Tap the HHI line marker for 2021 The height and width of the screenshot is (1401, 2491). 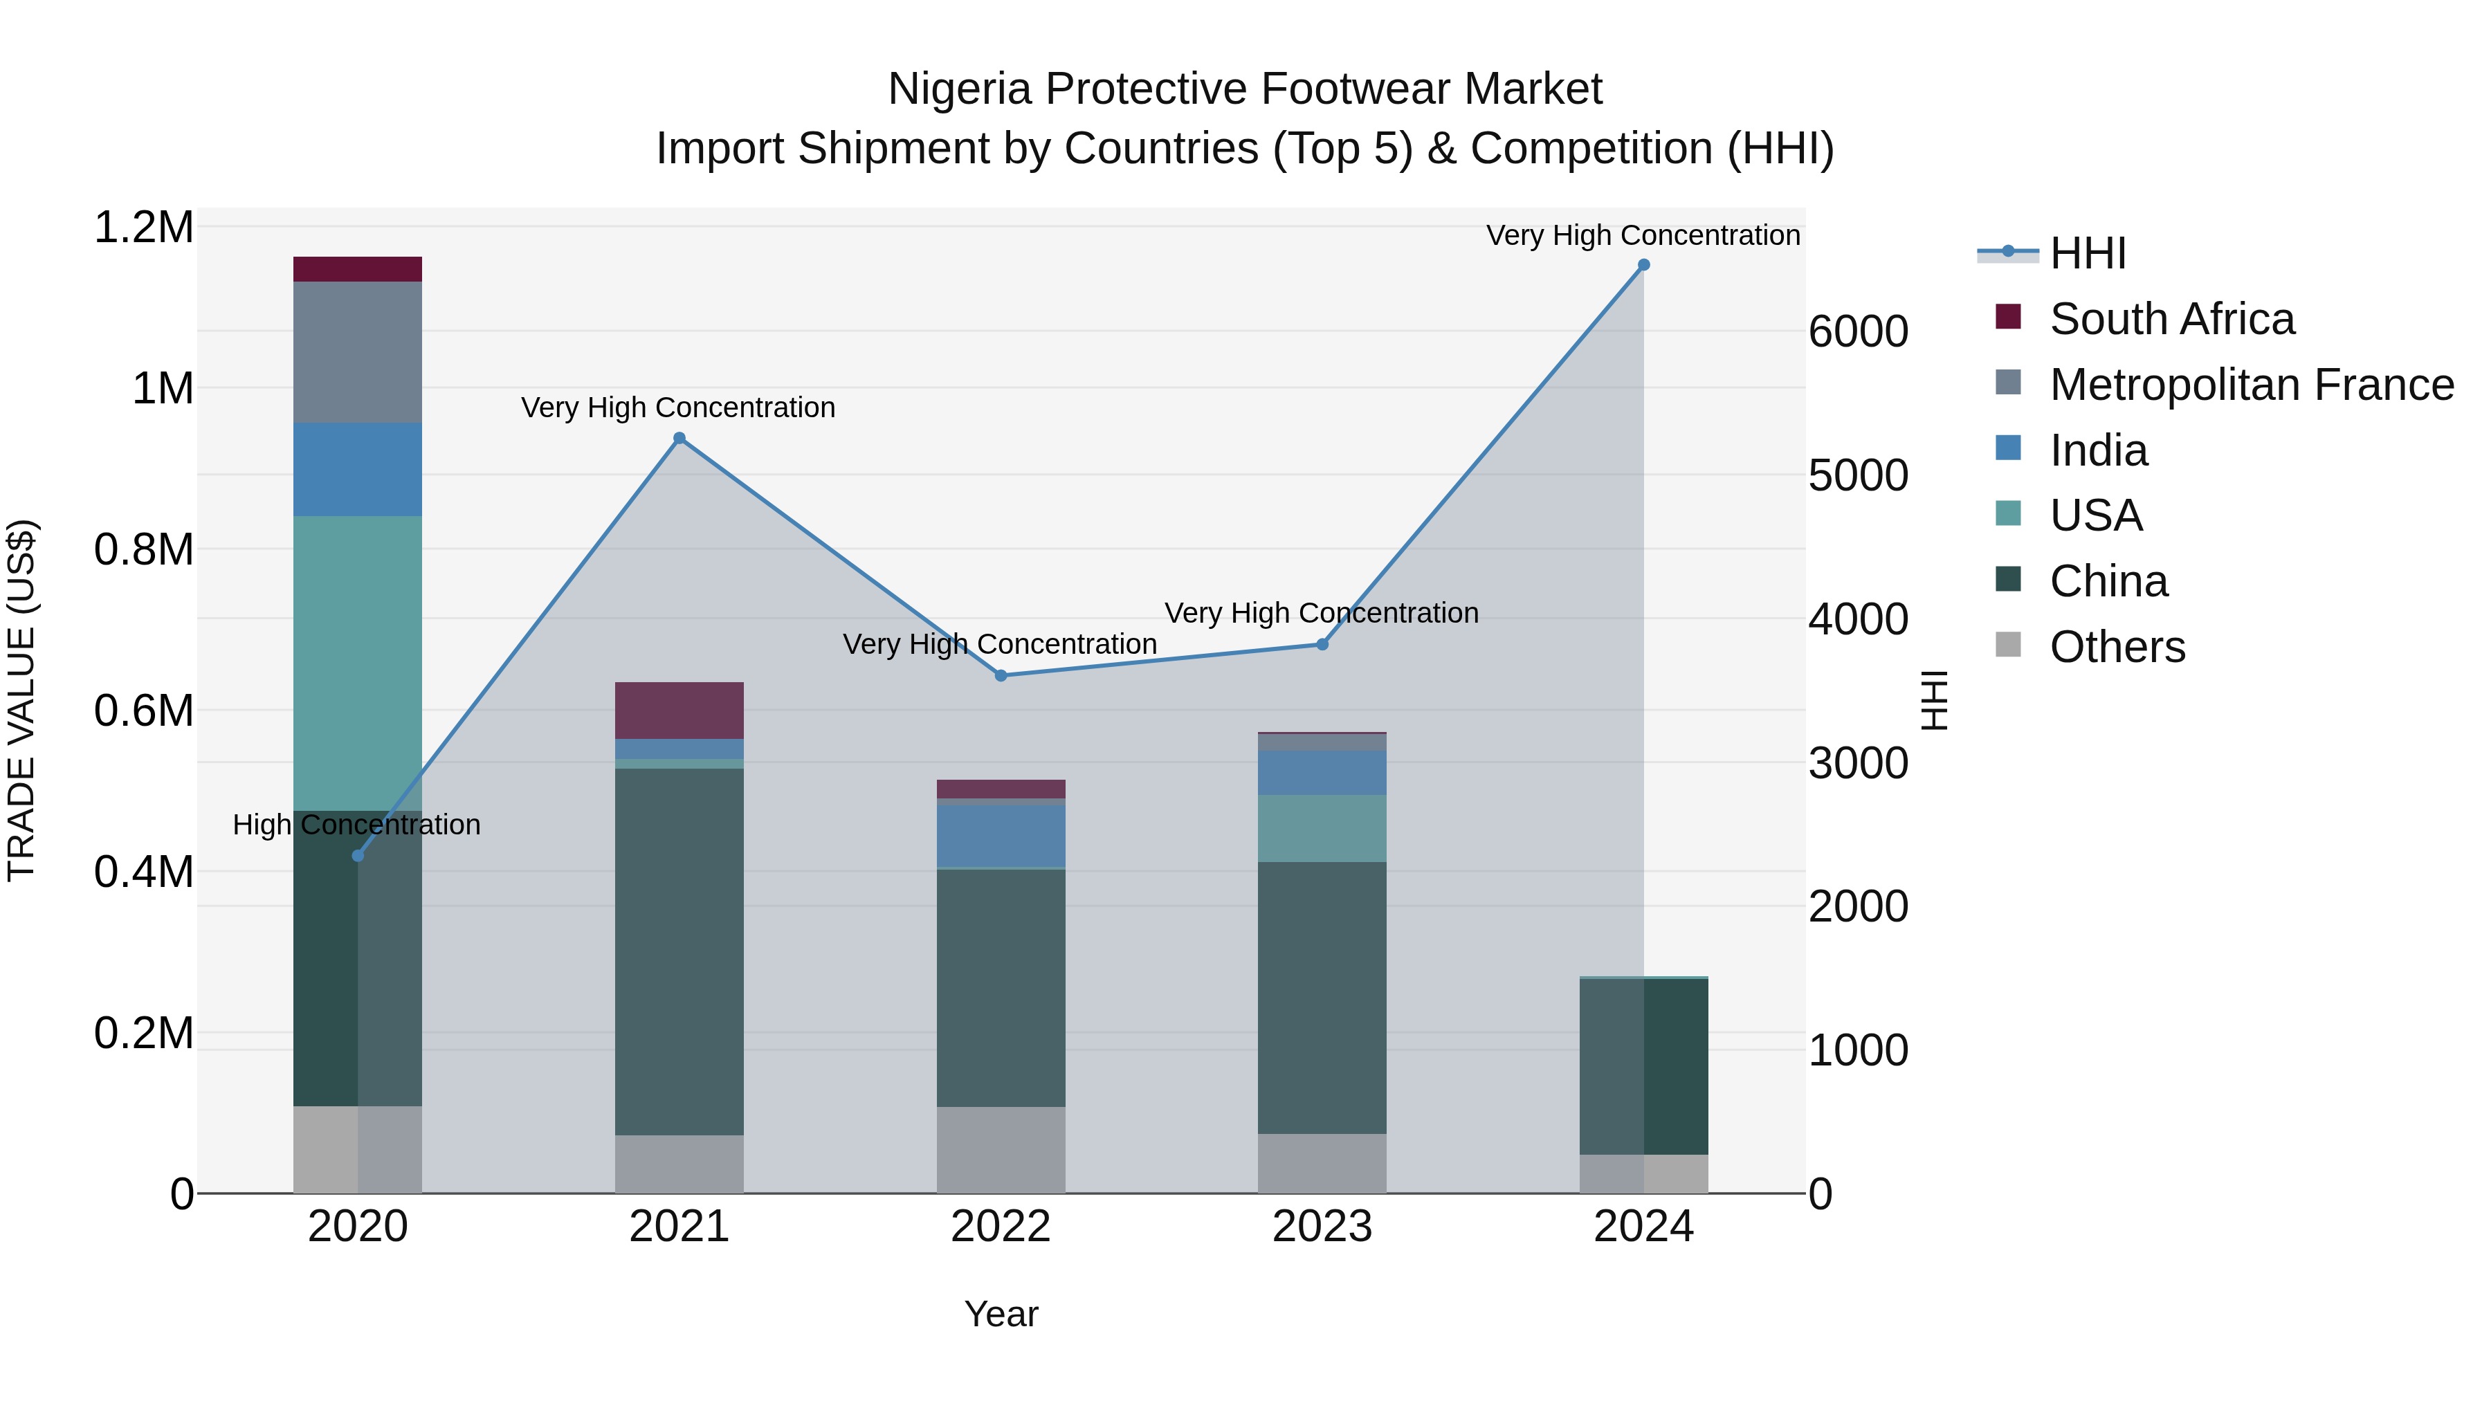679,438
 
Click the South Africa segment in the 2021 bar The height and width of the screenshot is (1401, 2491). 679,711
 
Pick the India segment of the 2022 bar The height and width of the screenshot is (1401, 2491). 1001,836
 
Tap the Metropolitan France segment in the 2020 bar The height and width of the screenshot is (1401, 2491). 358,352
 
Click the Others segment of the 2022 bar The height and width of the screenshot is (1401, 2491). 1001,1150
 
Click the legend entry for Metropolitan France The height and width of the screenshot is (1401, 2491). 2251,385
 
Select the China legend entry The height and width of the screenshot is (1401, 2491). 2108,581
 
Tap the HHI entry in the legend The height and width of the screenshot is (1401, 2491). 2087,253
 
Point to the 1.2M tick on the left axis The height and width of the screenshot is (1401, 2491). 143,228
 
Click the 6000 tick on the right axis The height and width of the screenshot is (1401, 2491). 1858,331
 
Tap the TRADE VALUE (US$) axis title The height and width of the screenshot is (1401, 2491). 21,700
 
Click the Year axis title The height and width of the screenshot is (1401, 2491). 1001,1314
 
